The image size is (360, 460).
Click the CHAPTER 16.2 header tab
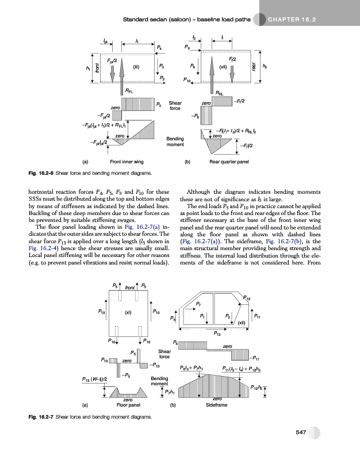pos(293,21)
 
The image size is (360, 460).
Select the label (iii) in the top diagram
pos(137,66)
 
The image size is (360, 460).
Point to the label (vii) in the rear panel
pos(223,66)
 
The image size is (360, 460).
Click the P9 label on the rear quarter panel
pos(187,45)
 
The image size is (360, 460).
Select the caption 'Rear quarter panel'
pos(229,162)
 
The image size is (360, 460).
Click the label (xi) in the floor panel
pos(129,314)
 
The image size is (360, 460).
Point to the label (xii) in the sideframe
pos(242,323)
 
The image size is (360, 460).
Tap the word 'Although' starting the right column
pos(200,191)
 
